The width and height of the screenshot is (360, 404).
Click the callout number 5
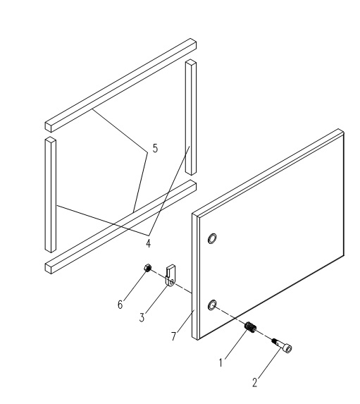[155, 148]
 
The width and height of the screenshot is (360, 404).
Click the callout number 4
[148, 243]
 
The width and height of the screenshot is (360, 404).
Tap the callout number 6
[120, 305]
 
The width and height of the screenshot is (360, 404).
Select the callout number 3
[142, 318]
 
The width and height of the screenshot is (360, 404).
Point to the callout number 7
[174, 336]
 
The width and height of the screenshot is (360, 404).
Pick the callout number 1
[221, 363]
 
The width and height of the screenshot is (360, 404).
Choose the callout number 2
[255, 382]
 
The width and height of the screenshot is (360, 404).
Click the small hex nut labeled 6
[147, 268]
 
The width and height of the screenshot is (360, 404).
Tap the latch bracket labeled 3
[170, 275]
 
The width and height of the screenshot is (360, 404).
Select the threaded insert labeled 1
[250, 327]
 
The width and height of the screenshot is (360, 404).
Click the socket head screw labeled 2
[283, 345]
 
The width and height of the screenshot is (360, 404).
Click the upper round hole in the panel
[212, 238]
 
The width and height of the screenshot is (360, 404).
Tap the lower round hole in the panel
[212, 305]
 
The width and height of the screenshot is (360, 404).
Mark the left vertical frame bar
[51, 195]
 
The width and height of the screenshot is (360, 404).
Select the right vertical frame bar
[190, 117]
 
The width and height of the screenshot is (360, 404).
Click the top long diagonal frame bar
[120, 85]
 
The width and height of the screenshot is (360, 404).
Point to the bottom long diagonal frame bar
[120, 227]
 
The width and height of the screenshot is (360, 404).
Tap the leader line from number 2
[270, 363]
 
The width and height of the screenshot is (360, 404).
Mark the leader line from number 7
[185, 322]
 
